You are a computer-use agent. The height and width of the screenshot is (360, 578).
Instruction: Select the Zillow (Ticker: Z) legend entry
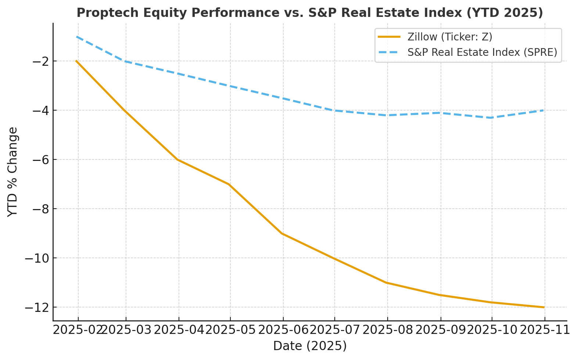pos(435,37)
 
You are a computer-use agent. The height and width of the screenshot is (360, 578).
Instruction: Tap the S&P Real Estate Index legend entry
pos(467,53)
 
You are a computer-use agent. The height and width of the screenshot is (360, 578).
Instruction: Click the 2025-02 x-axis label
pos(78,330)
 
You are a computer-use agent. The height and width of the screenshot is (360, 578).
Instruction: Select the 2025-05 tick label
pos(230,330)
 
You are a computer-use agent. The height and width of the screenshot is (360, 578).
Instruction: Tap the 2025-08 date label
pos(388,330)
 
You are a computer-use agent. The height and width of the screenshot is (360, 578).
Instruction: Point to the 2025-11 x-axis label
pos(545,330)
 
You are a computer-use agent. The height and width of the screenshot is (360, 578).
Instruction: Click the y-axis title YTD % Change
pos(12,172)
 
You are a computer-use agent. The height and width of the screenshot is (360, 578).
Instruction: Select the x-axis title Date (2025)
pos(310,346)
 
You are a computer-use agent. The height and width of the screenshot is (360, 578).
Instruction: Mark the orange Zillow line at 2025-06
pos(283,234)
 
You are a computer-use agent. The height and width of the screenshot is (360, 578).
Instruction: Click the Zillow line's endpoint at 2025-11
pos(544,307)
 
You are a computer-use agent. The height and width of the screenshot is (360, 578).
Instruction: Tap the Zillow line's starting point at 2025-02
pos(76,61)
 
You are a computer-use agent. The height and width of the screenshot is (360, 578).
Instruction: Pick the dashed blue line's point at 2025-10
pos(492,118)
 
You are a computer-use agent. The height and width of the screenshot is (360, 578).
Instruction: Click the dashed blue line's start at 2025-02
pos(77,37)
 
